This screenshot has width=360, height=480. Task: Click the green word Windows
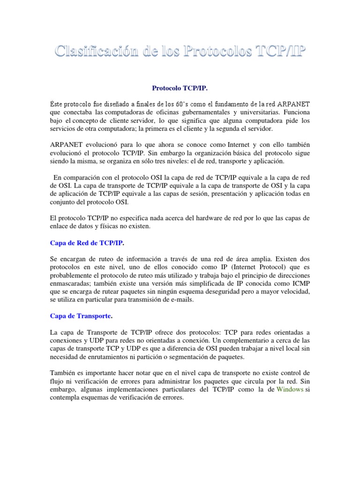pyautogui.click(x=290, y=389)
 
